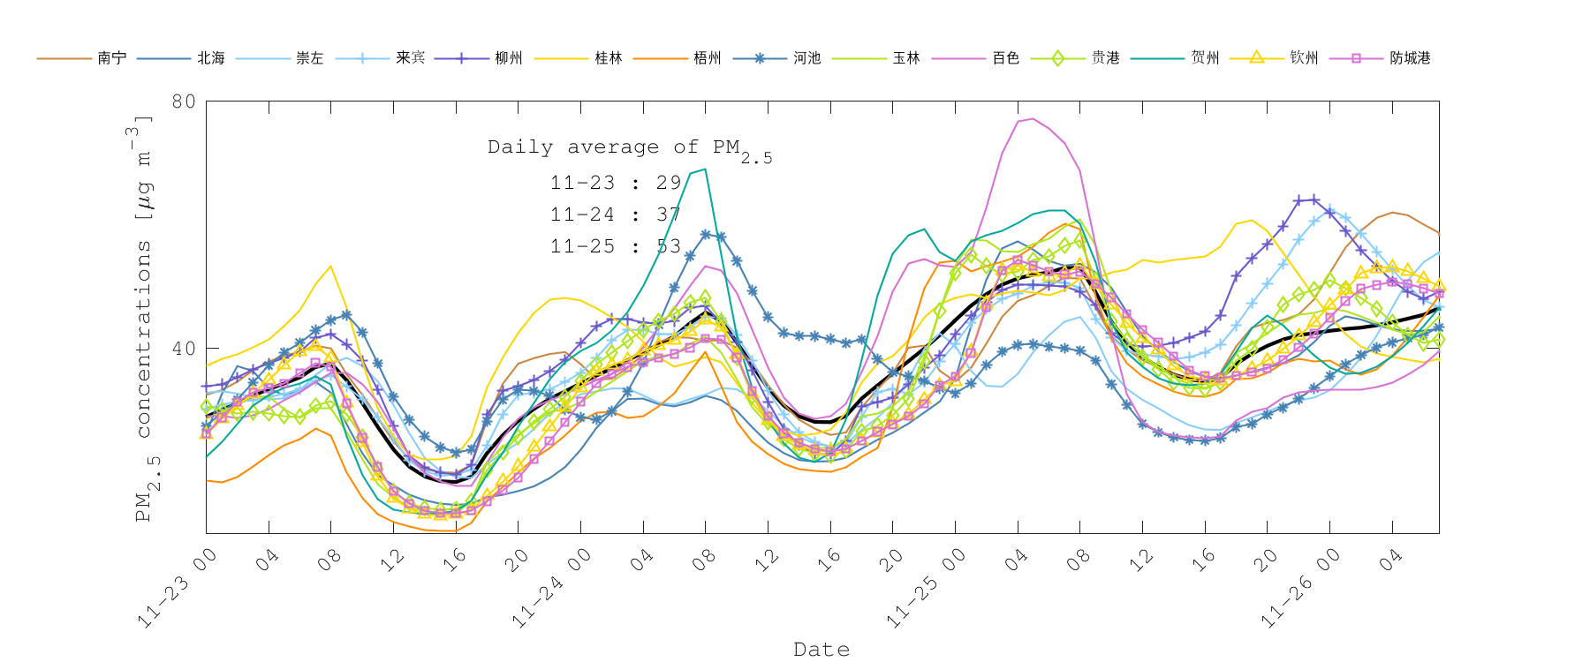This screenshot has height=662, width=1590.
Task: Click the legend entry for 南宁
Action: click(x=111, y=58)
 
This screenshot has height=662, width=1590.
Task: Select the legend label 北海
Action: click(x=211, y=58)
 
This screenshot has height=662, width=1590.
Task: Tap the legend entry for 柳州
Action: click(x=509, y=58)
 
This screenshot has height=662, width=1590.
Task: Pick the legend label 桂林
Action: click(x=609, y=58)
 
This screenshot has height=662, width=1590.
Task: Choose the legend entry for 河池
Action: click(x=806, y=58)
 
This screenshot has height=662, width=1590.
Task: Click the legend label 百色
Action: click(x=1005, y=58)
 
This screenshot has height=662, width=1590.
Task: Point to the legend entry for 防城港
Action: click(x=1410, y=58)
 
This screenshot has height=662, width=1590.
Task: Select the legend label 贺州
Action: click(x=1205, y=58)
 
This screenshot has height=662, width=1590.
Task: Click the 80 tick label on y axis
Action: click(x=184, y=102)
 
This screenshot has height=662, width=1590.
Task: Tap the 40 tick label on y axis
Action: click(x=184, y=349)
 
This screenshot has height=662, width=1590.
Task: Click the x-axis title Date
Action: click(x=821, y=650)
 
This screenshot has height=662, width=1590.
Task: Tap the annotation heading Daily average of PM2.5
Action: click(x=629, y=148)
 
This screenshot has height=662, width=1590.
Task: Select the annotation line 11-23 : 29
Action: click(x=616, y=183)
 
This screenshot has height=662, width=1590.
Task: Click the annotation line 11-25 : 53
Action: click(x=616, y=246)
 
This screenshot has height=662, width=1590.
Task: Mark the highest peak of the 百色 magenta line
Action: click(x=1032, y=118)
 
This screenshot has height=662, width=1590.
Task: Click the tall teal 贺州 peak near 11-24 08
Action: click(x=704, y=169)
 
